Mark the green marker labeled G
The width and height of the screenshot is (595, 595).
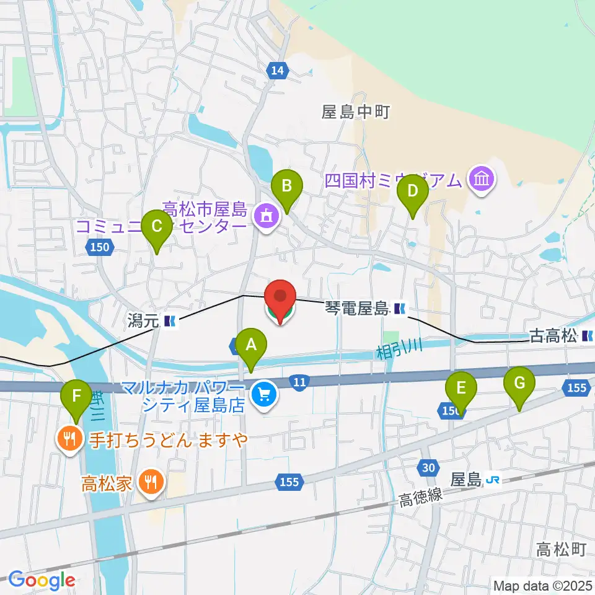point(519,386)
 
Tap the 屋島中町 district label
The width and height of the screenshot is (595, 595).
point(355,112)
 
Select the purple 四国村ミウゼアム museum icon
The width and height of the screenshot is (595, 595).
point(482,180)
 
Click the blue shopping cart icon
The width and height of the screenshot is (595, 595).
point(264,394)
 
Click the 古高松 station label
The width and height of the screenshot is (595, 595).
point(553,337)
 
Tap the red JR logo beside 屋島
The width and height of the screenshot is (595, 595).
point(493,479)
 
